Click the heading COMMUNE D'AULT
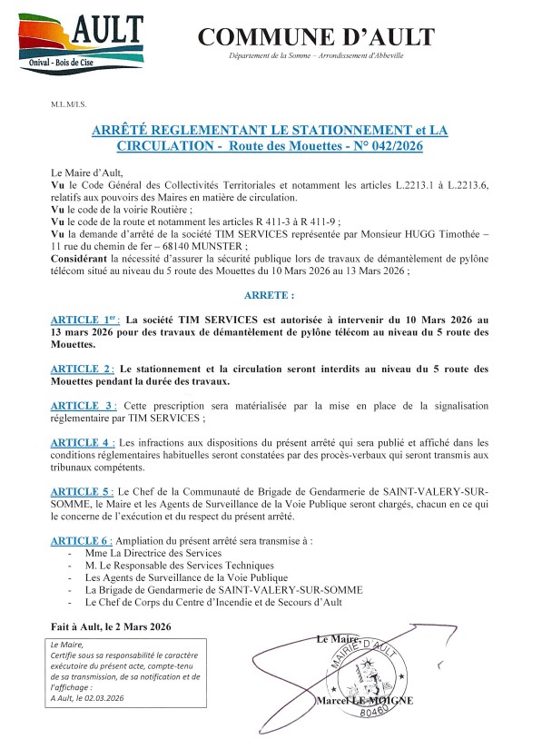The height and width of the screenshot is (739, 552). (316, 37)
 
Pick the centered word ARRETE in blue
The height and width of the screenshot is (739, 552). (270, 295)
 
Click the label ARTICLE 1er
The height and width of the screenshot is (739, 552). (85, 320)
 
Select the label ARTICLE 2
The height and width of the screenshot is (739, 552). (83, 369)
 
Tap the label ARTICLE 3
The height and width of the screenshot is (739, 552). (83, 404)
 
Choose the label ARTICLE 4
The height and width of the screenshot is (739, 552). (83, 442)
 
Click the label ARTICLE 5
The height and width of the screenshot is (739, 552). (83, 491)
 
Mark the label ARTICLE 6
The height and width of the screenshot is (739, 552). (83, 540)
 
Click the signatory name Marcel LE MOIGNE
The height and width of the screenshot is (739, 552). (365, 701)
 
